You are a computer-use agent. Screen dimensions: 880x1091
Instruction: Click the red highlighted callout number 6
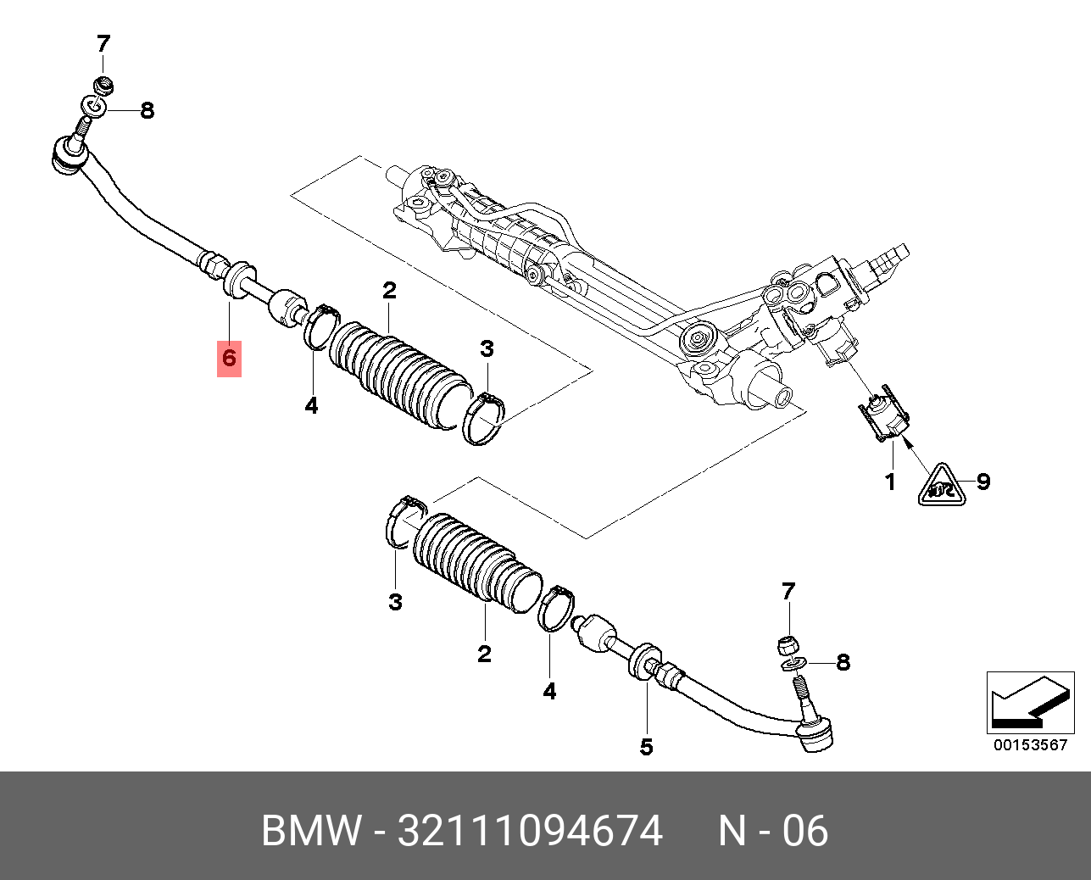click(229, 358)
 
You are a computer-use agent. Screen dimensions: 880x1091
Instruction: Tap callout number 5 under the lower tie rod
click(646, 747)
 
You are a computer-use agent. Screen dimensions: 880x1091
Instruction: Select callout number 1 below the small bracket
click(890, 482)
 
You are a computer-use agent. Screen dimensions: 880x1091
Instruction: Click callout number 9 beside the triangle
click(982, 482)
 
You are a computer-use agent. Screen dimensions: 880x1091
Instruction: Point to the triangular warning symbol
click(942, 486)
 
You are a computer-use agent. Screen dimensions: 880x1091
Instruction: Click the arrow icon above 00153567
click(1029, 703)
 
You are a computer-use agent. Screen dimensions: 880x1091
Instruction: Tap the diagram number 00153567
click(1030, 745)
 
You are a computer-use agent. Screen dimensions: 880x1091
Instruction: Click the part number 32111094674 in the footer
click(530, 831)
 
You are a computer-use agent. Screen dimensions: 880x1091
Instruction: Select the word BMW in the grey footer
click(311, 831)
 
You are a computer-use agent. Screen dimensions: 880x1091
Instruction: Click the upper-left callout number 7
click(103, 43)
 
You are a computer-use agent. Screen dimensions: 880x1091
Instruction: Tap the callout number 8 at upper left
click(147, 110)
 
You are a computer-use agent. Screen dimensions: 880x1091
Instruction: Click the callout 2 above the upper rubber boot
click(389, 291)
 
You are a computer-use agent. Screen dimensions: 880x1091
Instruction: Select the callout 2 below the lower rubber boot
click(484, 654)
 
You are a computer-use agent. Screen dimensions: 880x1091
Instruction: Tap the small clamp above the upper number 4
click(320, 326)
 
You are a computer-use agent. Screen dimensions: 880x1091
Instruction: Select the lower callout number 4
click(549, 692)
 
